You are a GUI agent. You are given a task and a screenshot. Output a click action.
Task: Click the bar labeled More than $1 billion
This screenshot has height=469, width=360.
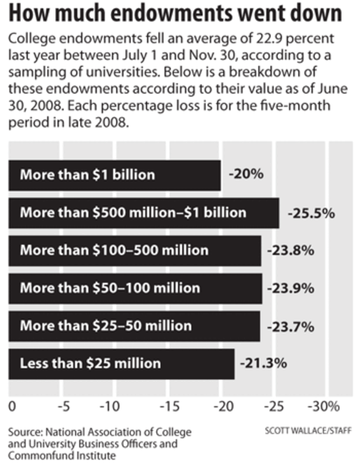coord(114,175)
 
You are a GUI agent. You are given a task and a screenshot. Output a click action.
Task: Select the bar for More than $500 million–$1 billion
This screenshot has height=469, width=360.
coord(144,212)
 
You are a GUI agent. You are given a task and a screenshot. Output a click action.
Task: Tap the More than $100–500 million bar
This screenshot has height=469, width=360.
coord(134,250)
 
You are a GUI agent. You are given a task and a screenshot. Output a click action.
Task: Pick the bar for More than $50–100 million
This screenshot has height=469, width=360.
coord(135,288)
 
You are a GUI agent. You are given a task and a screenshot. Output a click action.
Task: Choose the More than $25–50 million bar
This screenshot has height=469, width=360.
coord(134,326)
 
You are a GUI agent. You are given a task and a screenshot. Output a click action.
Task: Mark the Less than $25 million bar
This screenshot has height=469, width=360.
coord(121,363)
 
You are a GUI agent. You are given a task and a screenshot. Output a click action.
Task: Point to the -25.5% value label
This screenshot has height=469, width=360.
coord(311,212)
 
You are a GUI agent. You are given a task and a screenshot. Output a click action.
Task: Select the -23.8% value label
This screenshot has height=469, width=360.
coord(291,250)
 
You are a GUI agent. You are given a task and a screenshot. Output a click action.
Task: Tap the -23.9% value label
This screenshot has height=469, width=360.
coord(291,288)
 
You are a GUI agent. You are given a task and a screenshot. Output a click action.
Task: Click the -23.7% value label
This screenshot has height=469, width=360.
coord(290,326)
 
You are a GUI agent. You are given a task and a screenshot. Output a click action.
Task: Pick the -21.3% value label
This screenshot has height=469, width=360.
coord(263,363)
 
